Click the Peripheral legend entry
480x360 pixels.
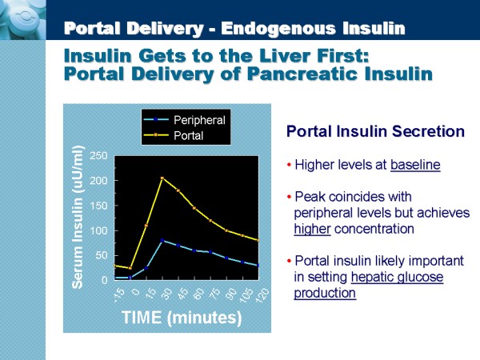[x=199, y=120]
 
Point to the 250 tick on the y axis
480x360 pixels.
[x=98, y=155]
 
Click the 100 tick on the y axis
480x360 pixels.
[x=98, y=230]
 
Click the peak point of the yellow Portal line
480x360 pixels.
[x=162, y=178]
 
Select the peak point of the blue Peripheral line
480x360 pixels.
[x=162, y=240]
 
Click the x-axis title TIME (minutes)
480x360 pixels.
[x=182, y=318]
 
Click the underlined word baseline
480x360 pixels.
[x=415, y=166]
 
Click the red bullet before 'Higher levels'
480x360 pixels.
[x=289, y=166]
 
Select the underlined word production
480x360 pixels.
[x=325, y=293]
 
